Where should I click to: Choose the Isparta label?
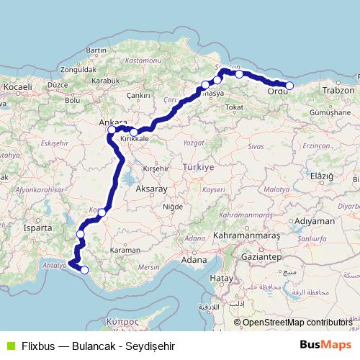39,228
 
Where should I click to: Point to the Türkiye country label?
199,166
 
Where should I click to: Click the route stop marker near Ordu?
289,86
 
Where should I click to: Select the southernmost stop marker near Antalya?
85,270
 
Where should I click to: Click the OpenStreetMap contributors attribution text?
297,323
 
